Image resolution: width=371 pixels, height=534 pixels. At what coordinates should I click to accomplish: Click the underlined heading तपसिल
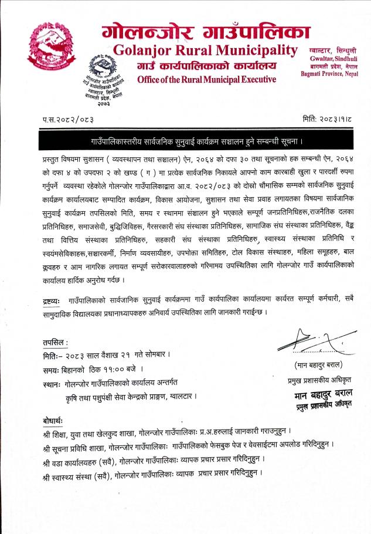click(55, 342)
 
